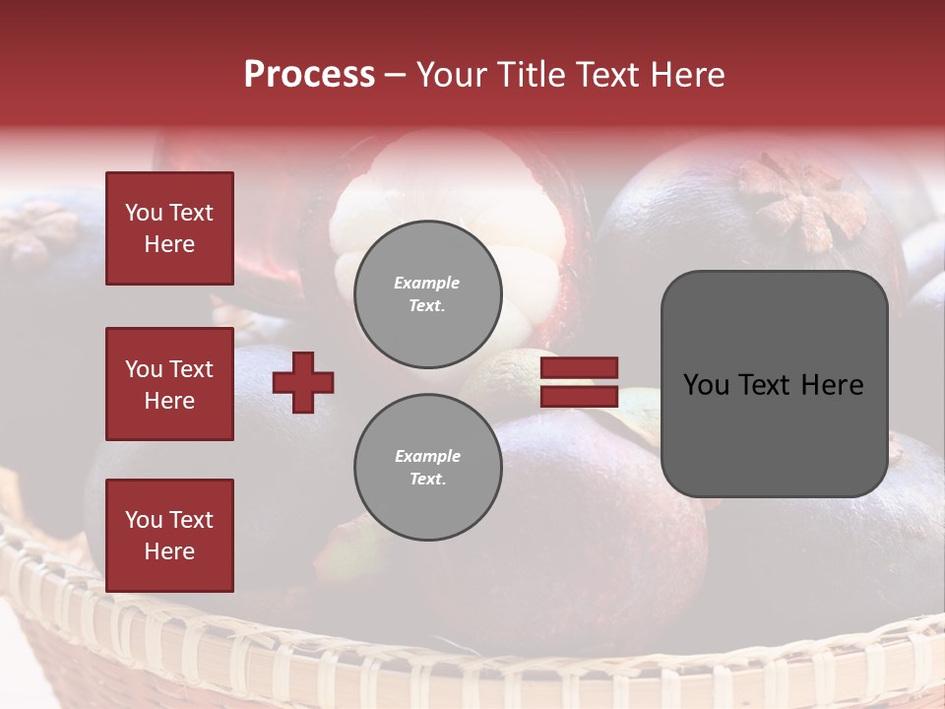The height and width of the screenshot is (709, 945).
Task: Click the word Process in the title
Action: (x=309, y=75)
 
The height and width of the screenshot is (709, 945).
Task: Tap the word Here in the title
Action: (x=684, y=75)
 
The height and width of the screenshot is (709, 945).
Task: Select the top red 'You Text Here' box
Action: (x=169, y=228)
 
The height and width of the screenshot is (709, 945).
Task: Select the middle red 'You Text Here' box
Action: (x=169, y=384)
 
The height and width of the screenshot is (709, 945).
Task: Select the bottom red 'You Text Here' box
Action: (x=169, y=535)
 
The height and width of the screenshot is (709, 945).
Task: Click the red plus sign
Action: (x=303, y=382)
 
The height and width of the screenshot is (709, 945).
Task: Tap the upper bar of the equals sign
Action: (x=579, y=367)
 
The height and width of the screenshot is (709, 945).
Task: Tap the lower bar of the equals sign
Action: (x=579, y=396)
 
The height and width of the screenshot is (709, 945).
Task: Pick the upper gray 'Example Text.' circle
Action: (x=427, y=293)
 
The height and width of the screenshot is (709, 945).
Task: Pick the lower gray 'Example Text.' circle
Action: (x=427, y=467)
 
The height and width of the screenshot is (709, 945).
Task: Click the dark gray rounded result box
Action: (x=774, y=384)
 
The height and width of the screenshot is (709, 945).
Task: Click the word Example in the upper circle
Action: (x=427, y=283)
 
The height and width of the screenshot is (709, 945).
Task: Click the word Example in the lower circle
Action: (x=427, y=456)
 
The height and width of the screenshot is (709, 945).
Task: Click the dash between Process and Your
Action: (x=395, y=75)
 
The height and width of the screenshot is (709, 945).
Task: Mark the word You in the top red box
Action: (x=144, y=213)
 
